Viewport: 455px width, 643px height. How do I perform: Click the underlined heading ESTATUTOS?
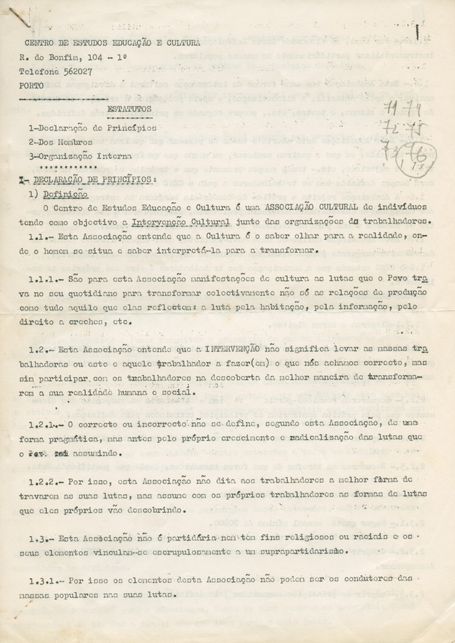(x=129, y=109)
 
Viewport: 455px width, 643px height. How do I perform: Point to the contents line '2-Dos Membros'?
(x=61, y=142)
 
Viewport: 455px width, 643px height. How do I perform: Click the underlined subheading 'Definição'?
(x=65, y=194)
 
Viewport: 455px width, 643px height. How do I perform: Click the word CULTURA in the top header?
(x=179, y=43)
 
